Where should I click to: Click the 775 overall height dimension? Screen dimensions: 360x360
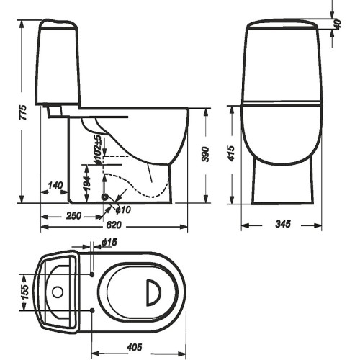point(23,112)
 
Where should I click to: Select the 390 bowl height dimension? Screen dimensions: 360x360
point(206,154)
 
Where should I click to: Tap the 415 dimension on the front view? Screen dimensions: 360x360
point(230,153)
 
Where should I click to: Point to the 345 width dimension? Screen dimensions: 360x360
point(283,224)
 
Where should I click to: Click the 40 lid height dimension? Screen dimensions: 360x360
point(338,24)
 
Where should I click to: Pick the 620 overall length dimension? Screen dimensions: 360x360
point(114,225)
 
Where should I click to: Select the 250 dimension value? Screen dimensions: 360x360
point(73,215)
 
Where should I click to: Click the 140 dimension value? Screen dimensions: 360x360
point(55,186)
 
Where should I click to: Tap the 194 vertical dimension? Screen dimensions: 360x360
point(87,184)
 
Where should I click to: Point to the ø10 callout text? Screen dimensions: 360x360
point(123,210)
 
